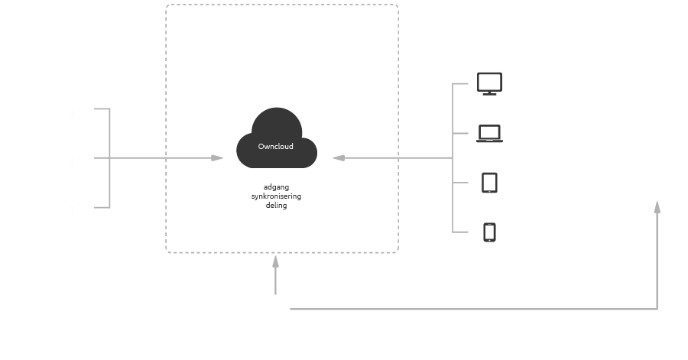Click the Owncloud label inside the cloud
click(x=276, y=147)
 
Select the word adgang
click(x=276, y=187)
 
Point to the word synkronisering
click(x=276, y=196)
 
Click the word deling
click(x=276, y=206)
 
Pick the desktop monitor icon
click(x=489, y=83)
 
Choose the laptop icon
click(x=489, y=134)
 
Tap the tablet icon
click(x=489, y=183)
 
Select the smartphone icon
click(x=490, y=232)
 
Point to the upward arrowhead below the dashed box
click(x=275, y=262)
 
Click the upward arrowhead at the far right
click(x=657, y=206)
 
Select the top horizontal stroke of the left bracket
click(x=102, y=109)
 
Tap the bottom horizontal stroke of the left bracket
click(x=102, y=207)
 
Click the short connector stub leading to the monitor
click(x=460, y=83)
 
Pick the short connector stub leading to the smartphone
click(x=460, y=232)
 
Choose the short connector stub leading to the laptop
click(x=460, y=133)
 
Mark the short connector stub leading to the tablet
click(x=460, y=183)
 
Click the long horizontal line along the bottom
click(x=474, y=309)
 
